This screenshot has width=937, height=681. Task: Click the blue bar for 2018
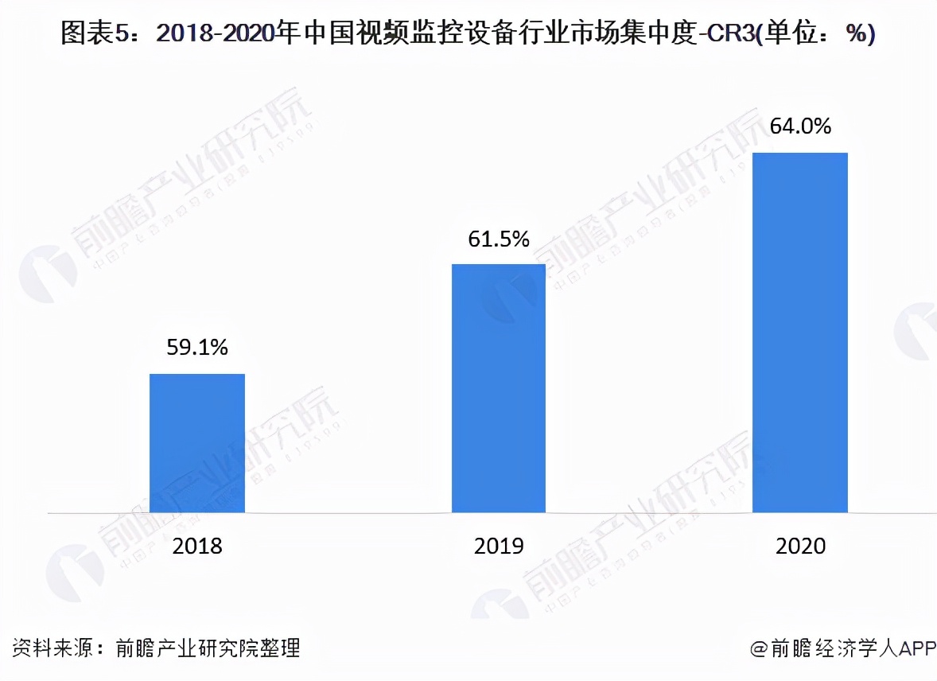(197, 442)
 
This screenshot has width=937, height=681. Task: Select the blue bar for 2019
(499, 387)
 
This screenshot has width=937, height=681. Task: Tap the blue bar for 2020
(800, 332)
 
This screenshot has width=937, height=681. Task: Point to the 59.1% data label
(197, 347)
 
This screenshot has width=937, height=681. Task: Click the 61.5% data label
(499, 238)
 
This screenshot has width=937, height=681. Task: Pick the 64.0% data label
(800, 126)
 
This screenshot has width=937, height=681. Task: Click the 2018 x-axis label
(197, 547)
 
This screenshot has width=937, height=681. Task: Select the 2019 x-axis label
(499, 547)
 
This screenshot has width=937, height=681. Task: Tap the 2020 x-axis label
(800, 547)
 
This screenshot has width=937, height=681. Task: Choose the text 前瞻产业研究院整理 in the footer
(208, 648)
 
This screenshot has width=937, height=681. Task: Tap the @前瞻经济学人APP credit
(843, 648)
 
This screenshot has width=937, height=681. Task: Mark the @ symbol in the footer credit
(760, 648)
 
